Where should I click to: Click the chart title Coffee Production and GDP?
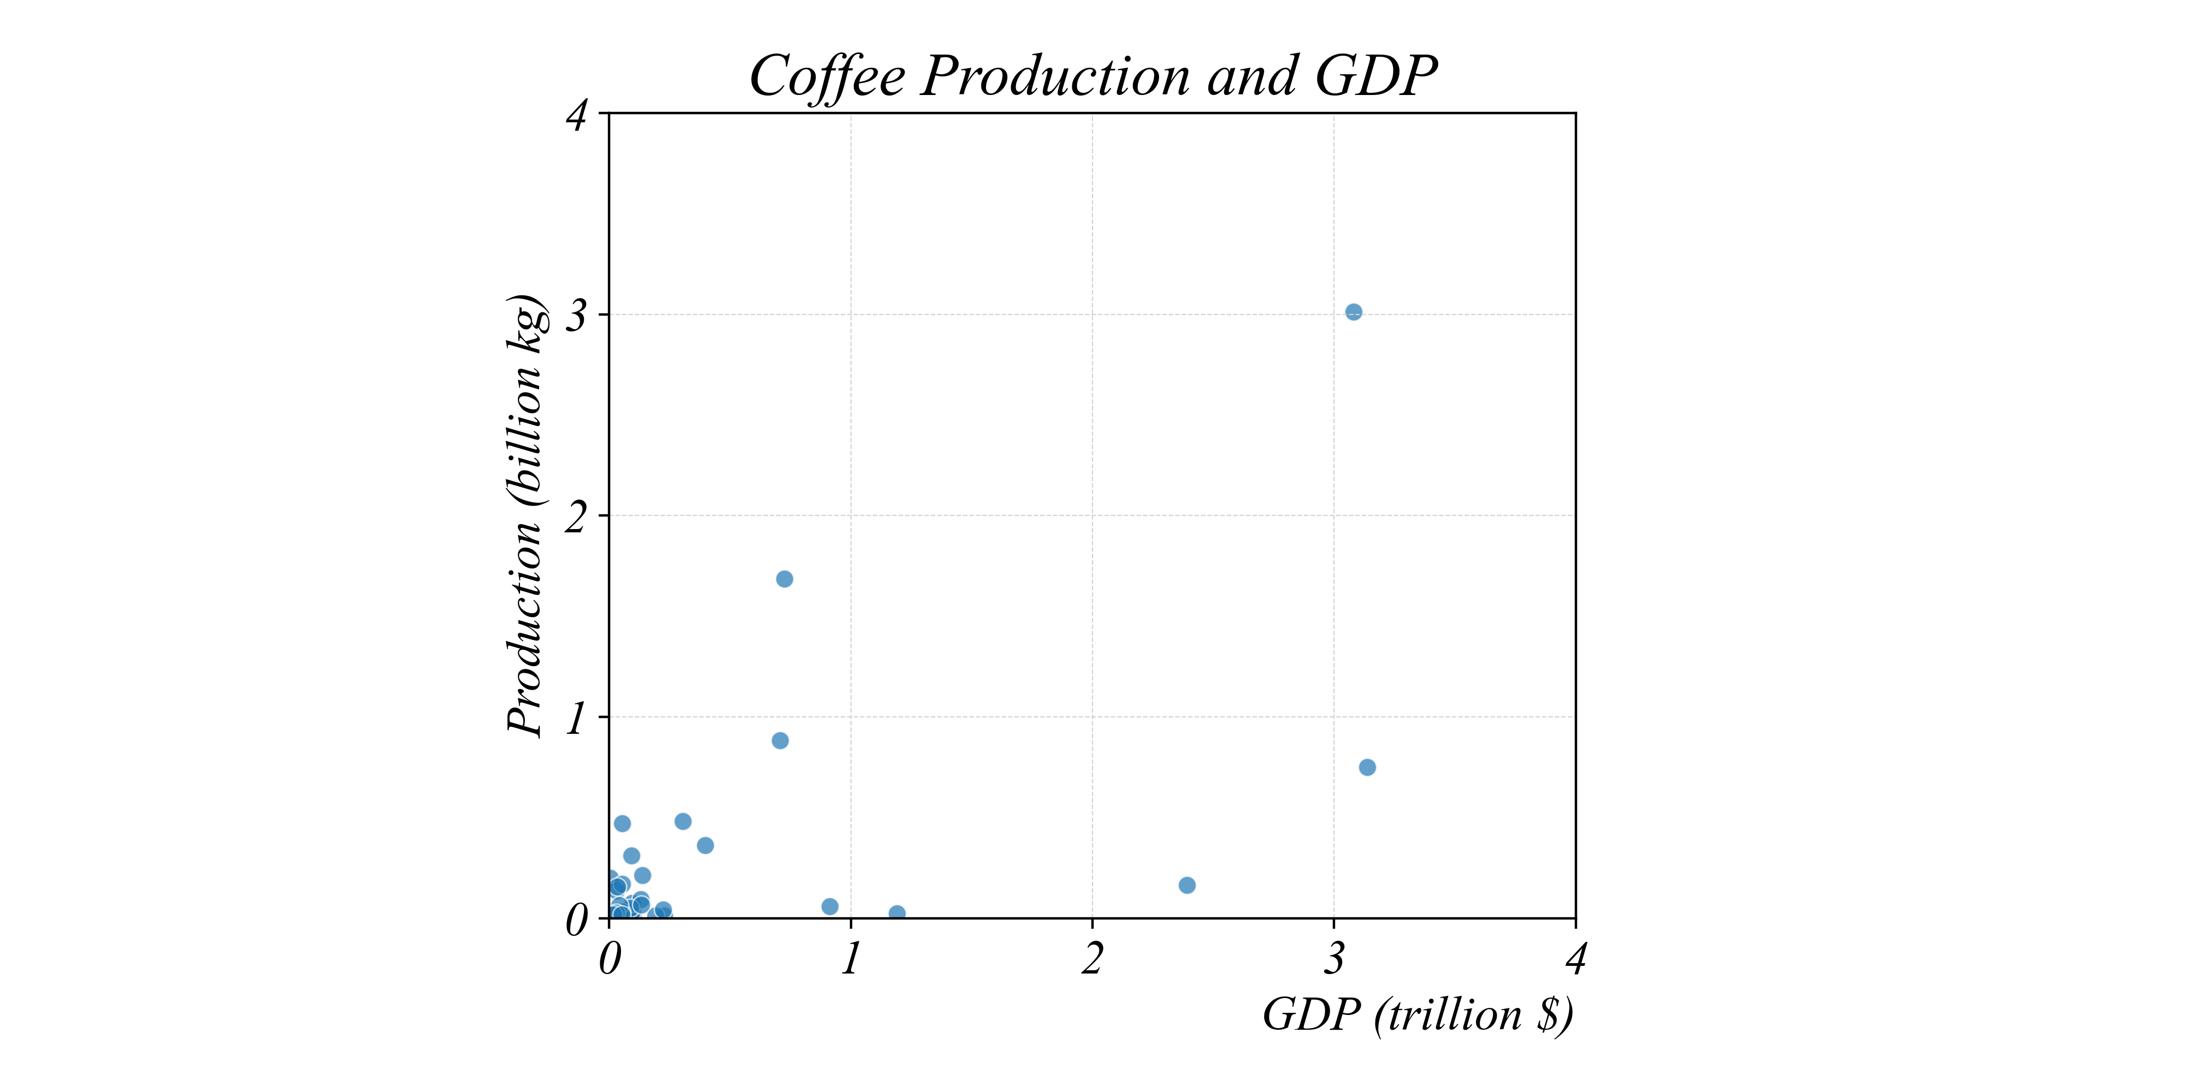tap(1092, 76)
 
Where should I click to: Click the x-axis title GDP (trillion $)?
tap(1418, 1015)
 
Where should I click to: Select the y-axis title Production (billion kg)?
tap(526, 515)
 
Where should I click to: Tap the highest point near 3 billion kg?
tap(1354, 312)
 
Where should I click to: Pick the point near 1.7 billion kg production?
tap(784, 579)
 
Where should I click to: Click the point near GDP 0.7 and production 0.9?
tap(781, 741)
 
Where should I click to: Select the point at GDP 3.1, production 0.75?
tap(1367, 767)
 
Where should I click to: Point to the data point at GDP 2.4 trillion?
tap(1188, 885)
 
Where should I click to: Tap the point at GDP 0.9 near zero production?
tap(830, 906)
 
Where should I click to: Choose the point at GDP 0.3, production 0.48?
tap(683, 822)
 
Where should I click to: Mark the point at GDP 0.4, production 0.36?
tap(705, 845)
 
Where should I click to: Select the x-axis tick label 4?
tap(1576, 960)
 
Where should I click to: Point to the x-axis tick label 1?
tap(850, 960)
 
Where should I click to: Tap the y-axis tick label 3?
tap(577, 316)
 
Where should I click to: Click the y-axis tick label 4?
tap(577, 115)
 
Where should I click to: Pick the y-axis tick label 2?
tap(577, 517)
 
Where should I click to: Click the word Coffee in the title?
tap(827, 76)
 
